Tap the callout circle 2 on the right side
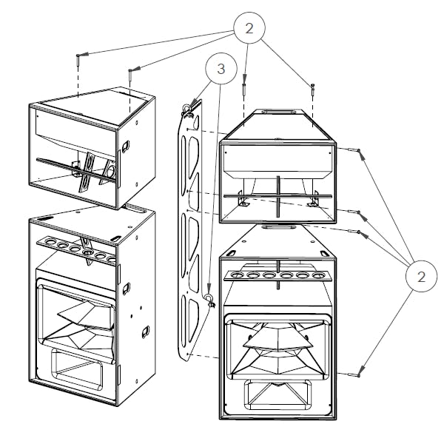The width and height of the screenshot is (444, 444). coord(422,277)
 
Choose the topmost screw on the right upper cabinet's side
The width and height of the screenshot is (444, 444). coord(357,152)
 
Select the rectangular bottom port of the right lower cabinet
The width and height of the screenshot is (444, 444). coord(275,396)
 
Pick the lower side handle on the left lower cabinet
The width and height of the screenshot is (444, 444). coord(145,327)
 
